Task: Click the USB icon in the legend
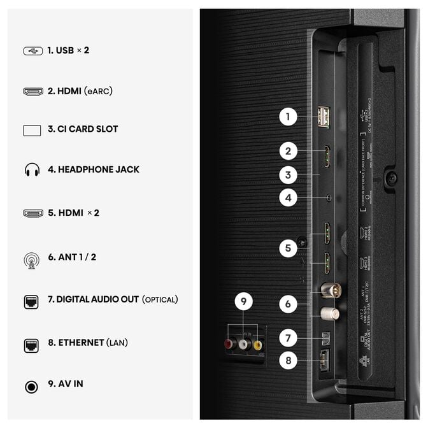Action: [32, 50]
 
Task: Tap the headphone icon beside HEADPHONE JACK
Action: [32, 170]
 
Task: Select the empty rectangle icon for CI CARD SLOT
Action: [32, 130]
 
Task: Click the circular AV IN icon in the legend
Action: [31, 386]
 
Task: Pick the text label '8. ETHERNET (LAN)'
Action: [88, 343]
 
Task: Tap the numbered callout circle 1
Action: [288, 117]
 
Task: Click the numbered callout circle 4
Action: [288, 197]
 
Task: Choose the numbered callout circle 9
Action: [243, 303]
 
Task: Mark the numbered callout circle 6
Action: [288, 304]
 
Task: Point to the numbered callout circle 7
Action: [288, 338]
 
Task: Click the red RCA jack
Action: [229, 345]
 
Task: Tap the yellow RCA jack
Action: [257, 345]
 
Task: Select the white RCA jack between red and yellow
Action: [243, 345]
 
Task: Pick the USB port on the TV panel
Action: [323, 117]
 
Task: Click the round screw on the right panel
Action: [392, 178]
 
